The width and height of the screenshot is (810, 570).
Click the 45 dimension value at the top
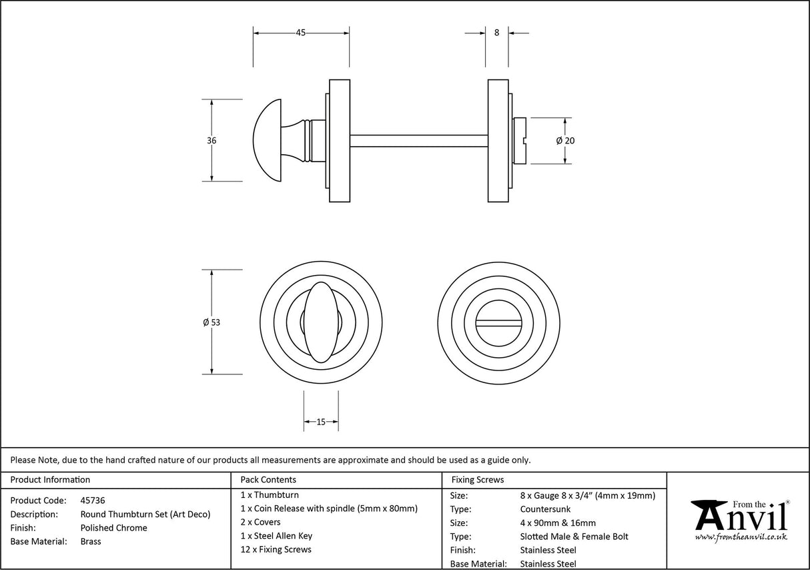(x=301, y=33)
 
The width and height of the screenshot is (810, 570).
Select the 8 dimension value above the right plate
(x=496, y=33)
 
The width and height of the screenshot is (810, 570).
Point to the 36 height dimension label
(x=212, y=141)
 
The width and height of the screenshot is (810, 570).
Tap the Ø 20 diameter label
(x=564, y=141)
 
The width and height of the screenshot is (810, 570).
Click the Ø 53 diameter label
(x=211, y=322)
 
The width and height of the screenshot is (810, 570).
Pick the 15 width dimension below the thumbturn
(x=321, y=422)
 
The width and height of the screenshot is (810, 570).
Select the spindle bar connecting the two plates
(x=418, y=141)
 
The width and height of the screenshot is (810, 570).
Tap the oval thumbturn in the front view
(x=321, y=322)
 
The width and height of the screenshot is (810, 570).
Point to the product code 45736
(x=92, y=500)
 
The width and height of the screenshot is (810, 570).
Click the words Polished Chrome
(x=113, y=528)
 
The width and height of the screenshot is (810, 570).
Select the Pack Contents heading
(x=268, y=479)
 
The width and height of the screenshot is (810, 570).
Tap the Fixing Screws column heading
(x=478, y=479)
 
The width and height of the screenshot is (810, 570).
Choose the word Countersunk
(x=545, y=509)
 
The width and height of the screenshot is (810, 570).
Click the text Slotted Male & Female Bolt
(x=574, y=537)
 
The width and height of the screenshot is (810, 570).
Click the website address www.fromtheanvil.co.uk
(x=741, y=537)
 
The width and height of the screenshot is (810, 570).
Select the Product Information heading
(x=50, y=479)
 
